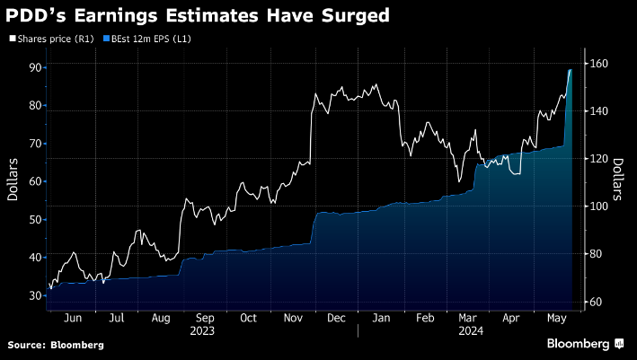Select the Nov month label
pos(292,318)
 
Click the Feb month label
pos(423,318)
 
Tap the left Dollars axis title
pos(13,180)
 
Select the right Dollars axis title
pos(619,180)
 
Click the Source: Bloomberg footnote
pos(56,345)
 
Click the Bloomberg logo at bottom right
pos(584,344)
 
